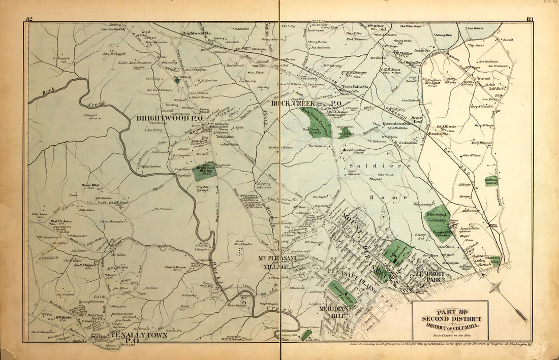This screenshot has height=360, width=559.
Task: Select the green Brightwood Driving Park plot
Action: click(204, 171)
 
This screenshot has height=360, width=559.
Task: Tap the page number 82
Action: click(29, 19)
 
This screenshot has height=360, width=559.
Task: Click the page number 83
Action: click(529, 19)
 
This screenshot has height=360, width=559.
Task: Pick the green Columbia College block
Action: click(341, 292)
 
